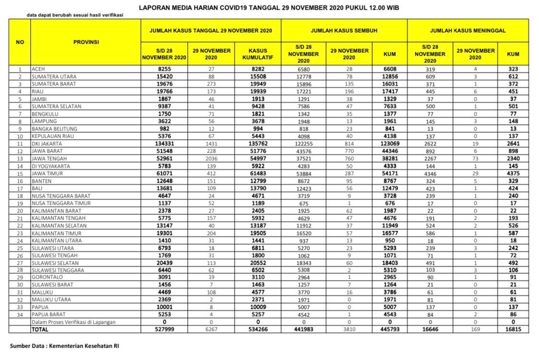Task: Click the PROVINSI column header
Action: [86, 42]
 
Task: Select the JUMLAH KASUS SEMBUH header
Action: [344, 31]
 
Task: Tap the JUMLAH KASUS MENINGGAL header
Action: [468, 31]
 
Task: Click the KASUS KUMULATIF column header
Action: [258, 54]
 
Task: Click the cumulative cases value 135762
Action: [258, 143]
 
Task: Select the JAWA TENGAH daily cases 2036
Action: [211, 158]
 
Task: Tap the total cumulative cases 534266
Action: [258, 329]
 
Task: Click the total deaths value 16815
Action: [513, 329]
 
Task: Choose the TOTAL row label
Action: [40, 329]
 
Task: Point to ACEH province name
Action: [38, 69]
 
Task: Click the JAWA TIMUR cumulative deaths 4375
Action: [513, 173]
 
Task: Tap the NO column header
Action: [20, 42]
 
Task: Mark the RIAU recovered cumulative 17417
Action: [390, 91]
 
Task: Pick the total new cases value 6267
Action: [211, 329]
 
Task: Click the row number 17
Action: [20, 188]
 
